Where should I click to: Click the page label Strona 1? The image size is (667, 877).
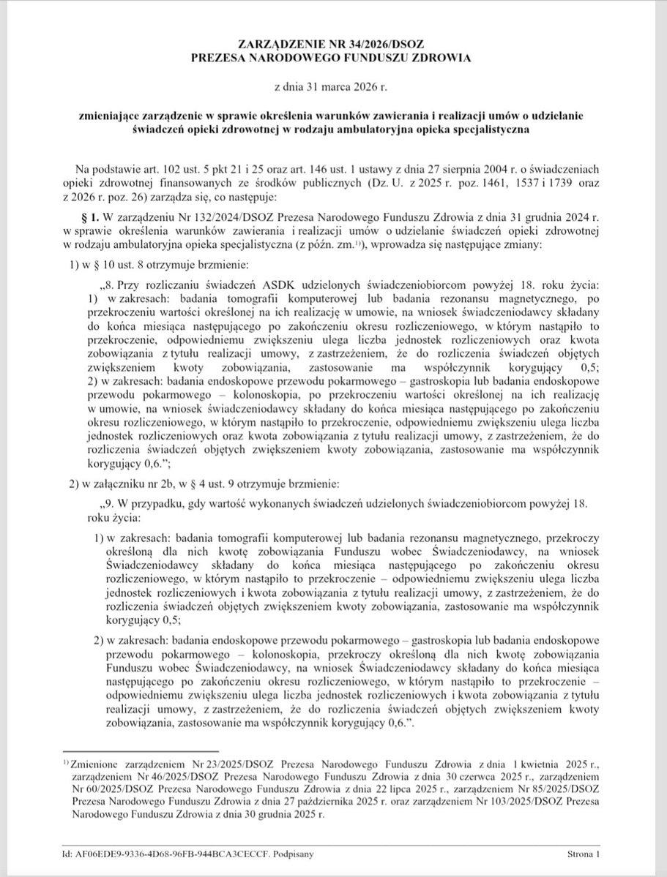tap(584, 853)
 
